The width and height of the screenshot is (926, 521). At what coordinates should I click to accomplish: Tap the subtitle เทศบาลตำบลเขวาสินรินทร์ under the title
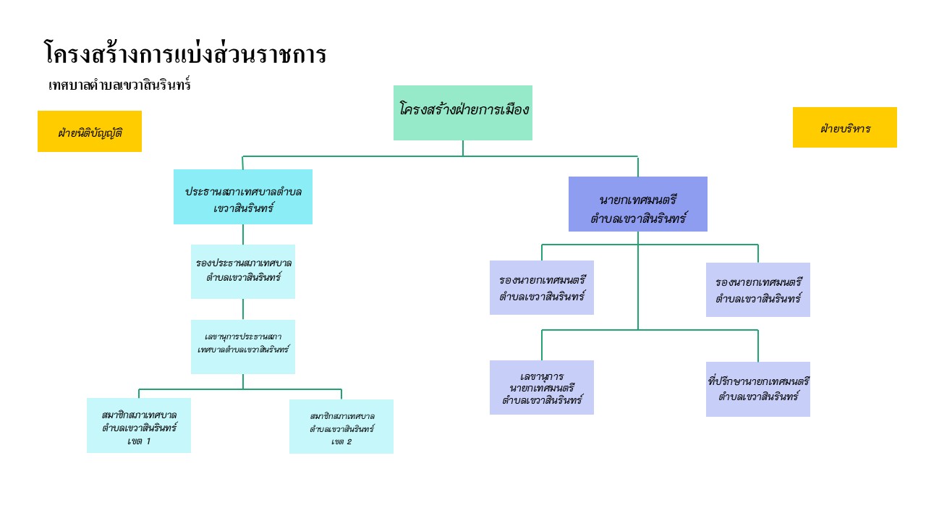pyautogui.click(x=119, y=85)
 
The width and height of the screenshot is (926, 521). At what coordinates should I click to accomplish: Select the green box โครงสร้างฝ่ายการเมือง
pyautogui.click(x=463, y=112)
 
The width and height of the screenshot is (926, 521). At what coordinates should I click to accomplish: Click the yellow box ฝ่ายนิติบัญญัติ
pyautogui.click(x=90, y=132)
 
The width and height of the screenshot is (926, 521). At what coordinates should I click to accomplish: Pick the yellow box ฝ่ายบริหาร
pyautogui.click(x=845, y=127)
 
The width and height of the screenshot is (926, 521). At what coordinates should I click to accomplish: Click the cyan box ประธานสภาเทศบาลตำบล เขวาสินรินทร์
pyautogui.click(x=243, y=197)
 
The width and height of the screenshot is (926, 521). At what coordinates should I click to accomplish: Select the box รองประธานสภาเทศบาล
pyautogui.click(x=243, y=271)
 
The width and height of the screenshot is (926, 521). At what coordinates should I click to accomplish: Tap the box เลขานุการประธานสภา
pyautogui.click(x=243, y=347)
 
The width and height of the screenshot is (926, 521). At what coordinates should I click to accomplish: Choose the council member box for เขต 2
pyautogui.click(x=341, y=426)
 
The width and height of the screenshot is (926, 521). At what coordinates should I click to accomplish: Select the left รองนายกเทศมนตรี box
pyautogui.click(x=542, y=287)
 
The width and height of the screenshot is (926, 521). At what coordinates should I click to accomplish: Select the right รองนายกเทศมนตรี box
pyautogui.click(x=758, y=289)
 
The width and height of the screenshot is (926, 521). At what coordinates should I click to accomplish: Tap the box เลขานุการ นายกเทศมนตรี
pyautogui.click(x=542, y=387)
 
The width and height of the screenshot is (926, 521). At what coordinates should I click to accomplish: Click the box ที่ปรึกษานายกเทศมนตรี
pyautogui.click(x=758, y=389)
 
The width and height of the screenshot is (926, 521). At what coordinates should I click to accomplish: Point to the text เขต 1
pyautogui.click(x=139, y=441)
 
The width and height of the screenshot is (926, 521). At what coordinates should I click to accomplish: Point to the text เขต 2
pyautogui.click(x=341, y=441)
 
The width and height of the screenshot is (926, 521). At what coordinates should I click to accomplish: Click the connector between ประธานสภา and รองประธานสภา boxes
pyautogui.click(x=243, y=234)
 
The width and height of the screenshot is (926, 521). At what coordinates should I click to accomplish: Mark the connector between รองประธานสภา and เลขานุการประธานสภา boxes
pyautogui.click(x=243, y=309)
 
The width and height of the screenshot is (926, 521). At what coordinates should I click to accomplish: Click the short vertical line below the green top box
pyautogui.click(x=463, y=148)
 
